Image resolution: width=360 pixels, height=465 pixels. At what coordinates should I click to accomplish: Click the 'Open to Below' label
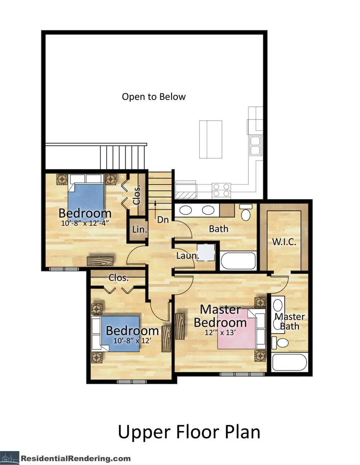click(154, 97)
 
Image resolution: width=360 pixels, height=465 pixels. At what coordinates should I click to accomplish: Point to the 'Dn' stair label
click(162, 220)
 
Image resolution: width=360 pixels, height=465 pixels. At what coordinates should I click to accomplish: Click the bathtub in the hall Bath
click(238, 260)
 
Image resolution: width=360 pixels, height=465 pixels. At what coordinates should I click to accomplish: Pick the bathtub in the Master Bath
click(289, 362)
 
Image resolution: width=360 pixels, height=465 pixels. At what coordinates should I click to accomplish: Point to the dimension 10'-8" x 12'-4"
click(85, 224)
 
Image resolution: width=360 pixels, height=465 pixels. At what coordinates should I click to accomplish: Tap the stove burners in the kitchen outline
click(221, 190)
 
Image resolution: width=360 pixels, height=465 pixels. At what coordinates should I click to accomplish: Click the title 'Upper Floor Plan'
click(189, 432)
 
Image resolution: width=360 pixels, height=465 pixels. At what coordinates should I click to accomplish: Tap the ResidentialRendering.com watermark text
click(76, 458)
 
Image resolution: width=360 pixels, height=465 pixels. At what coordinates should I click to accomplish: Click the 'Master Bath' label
click(289, 321)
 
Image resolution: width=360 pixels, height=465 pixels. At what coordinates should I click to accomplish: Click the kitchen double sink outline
click(254, 145)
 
